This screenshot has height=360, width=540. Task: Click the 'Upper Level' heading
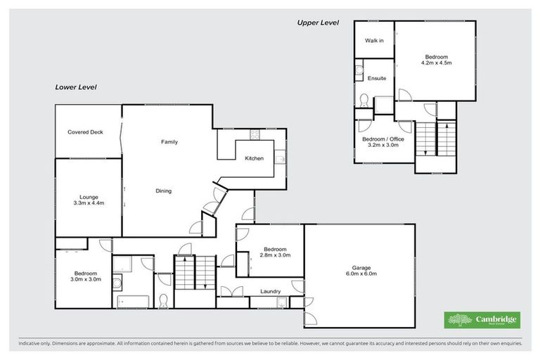318,22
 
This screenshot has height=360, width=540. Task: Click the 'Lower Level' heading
76,87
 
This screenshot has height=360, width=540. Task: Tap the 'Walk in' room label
374,41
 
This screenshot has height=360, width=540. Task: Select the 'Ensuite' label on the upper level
376,78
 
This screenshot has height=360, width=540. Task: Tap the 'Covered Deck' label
86,132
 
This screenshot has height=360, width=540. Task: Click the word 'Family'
169,142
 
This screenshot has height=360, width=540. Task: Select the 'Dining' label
163,191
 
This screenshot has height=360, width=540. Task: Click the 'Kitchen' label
254,158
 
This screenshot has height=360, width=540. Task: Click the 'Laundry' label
271,291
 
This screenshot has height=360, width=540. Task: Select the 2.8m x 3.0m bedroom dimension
274,255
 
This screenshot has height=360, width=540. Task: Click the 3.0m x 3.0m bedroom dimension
86,279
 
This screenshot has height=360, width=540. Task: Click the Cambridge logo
482,320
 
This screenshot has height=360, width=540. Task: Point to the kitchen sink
279,158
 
